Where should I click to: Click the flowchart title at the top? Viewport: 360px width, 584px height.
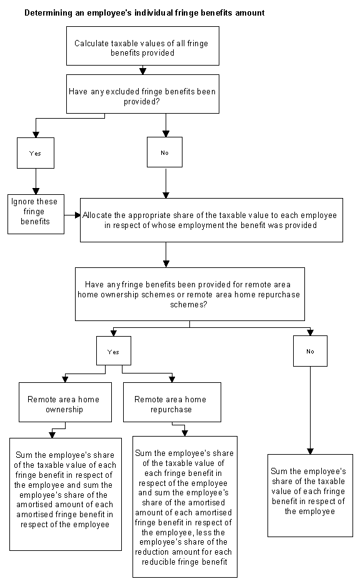(x=144, y=12)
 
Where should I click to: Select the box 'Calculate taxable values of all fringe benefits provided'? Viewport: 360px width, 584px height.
(x=142, y=46)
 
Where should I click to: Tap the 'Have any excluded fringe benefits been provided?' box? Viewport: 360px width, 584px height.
(x=142, y=94)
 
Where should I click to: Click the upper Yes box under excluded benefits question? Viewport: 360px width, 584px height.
(x=36, y=153)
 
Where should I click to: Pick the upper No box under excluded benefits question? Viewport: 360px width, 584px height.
(x=165, y=152)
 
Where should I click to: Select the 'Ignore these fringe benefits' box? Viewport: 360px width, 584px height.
(x=36, y=214)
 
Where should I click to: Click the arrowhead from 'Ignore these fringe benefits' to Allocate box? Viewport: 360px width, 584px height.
(x=77, y=215)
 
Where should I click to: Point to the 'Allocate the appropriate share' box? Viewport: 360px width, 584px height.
(x=211, y=220)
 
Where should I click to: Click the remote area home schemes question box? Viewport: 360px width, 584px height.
(x=190, y=294)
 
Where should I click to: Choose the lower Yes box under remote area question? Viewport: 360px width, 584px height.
(x=114, y=351)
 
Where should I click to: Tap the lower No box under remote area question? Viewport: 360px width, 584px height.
(x=310, y=351)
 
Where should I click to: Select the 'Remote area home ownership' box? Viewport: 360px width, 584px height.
(x=65, y=402)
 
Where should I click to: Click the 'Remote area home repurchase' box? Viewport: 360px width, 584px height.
(x=172, y=402)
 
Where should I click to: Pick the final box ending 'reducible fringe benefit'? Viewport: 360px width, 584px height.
(x=185, y=507)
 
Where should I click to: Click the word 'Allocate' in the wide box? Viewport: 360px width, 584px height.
(x=97, y=215)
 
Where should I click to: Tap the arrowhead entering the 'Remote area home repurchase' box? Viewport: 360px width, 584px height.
(x=172, y=380)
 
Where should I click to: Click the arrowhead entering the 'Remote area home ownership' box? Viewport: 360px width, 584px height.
(x=65, y=380)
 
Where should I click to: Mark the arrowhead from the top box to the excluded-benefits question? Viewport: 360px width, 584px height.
(x=142, y=71)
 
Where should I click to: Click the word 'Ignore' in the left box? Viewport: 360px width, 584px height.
(x=22, y=202)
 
